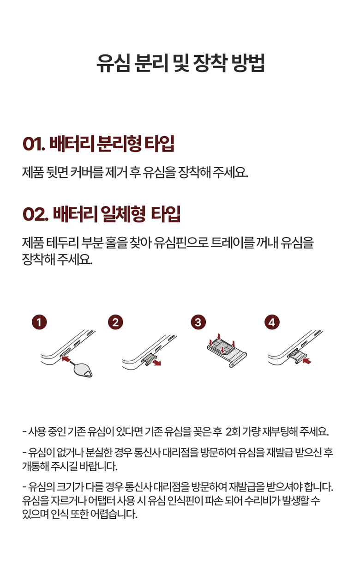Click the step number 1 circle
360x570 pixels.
(x=39, y=322)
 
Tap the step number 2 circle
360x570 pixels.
(x=115, y=322)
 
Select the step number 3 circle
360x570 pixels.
(x=198, y=322)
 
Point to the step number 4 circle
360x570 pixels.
(x=272, y=322)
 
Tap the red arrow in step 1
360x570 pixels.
(x=66, y=359)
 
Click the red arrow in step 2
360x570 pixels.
(x=156, y=362)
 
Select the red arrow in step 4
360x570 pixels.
(x=307, y=361)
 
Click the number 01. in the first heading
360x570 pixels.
(x=34, y=144)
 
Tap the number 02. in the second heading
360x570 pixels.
(x=36, y=214)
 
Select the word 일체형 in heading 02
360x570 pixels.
(x=123, y=214)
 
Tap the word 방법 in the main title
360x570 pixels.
(x=248, y=63)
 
